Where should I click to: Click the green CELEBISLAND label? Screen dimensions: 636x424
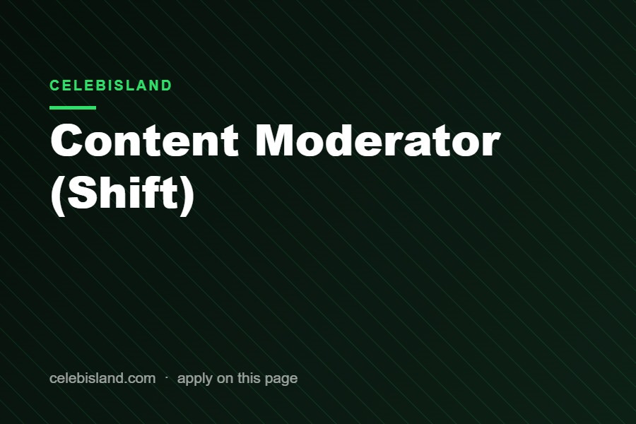(x=111, y=86)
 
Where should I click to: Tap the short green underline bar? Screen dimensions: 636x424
(x=73, y=107)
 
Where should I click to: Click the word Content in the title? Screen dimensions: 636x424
(x=144, y=140)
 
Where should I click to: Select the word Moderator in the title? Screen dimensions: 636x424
(x=378, y=140)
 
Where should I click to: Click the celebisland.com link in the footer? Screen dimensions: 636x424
(x=102, y=378)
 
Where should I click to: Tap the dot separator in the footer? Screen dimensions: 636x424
(x=167, y=377)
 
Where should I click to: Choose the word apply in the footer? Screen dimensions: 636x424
(x=195, y=379)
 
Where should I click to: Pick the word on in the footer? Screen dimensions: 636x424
(x=225, y=379)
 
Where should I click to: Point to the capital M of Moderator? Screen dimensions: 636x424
(x=276, y=140)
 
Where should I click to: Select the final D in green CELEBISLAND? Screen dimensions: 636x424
(x=167, y=86)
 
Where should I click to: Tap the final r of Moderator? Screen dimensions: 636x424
(x=492, y=144)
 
